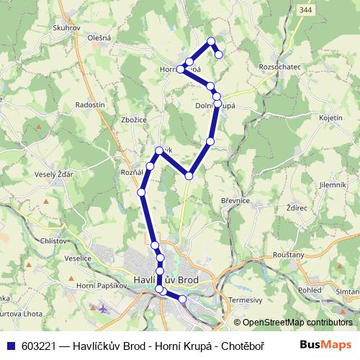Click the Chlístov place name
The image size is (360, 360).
coord(54,241)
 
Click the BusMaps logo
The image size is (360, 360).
coord(326,344)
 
